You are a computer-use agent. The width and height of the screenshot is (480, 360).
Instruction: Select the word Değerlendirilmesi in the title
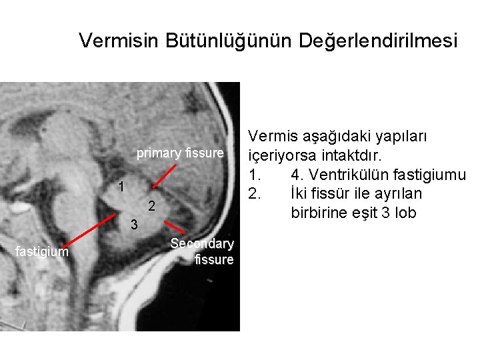pos(379,41)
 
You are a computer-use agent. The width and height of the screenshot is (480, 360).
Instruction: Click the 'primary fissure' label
pos(180,153)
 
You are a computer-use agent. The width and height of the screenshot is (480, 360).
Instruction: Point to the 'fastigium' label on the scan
pos(41,251)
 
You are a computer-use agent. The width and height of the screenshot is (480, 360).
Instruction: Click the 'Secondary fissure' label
pos(202,251)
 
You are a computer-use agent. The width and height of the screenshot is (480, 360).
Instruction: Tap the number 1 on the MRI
pos(121,187)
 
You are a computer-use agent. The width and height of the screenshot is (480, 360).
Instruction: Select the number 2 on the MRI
pos(152,205)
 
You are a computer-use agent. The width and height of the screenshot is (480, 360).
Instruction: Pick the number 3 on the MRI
pos(134,225)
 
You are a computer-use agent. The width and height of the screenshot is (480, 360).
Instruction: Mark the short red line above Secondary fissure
pos(175,226)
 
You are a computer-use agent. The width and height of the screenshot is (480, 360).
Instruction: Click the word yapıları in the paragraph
pos(403,137)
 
